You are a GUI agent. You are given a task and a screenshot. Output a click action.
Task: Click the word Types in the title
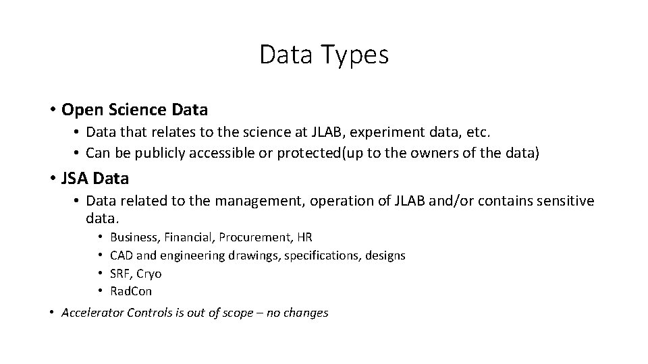point(356,55)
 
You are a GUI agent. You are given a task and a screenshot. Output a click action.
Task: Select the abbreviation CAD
point(122,255)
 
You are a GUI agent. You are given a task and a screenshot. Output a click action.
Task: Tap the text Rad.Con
point(131,291)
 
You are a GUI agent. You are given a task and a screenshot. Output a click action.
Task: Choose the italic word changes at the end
point(307,313)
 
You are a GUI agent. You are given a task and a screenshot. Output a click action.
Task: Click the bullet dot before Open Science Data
point(52,109)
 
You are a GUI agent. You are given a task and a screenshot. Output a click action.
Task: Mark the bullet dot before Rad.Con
point(99,291)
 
